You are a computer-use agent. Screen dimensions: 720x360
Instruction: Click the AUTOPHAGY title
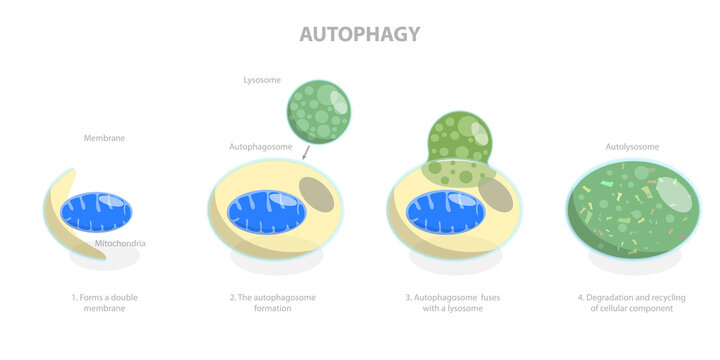[x=360, y=34]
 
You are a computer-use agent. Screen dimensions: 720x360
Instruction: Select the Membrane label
[x=105, y=138]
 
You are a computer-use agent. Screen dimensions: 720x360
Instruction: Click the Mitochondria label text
[x=123, y=243]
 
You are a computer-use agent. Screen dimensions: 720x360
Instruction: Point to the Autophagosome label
[x=261, y=147]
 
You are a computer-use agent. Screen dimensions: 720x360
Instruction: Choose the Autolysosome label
[x=632, y=147]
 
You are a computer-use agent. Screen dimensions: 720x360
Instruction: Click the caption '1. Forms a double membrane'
[x=105, y=302]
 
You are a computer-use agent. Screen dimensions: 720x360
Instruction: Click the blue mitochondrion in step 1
[x=95, y=212]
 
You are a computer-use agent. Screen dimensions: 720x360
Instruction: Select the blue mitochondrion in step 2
[x=267, y=212]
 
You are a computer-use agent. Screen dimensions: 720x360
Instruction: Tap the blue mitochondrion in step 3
[x=445, y=212]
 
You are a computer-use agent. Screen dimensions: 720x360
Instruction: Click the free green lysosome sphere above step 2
[x=319, y=112]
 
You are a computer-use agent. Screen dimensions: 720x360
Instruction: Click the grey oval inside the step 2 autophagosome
[x=317, y=193]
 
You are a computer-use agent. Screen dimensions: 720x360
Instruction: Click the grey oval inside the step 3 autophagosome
[x=496, y=195]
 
